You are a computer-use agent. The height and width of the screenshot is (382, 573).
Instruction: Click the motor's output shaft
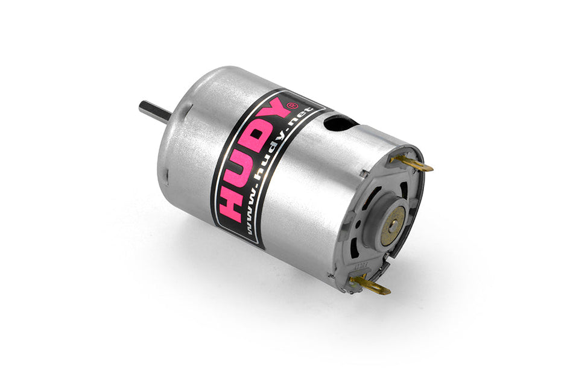(x=151, y=110)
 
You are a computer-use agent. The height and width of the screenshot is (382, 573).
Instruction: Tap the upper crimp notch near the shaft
(x=188, y=109)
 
